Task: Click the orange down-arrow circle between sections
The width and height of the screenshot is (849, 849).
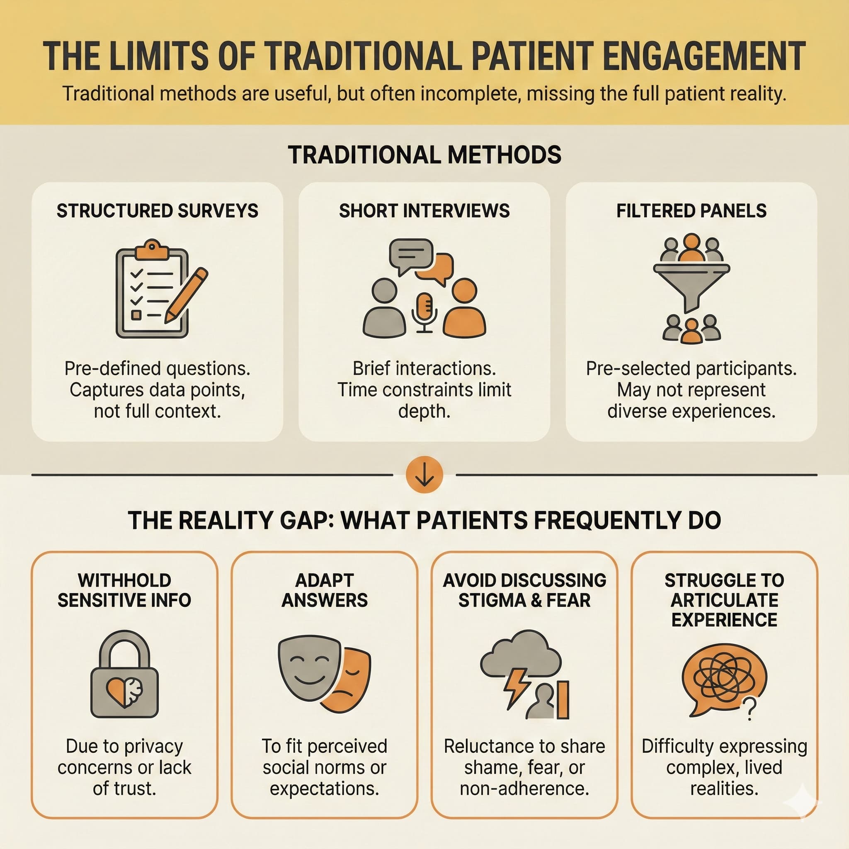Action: (x=424, y=475)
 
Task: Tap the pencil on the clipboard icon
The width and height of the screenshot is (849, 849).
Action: (x=186, y=295)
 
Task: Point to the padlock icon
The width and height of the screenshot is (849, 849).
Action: (x=124, y=674)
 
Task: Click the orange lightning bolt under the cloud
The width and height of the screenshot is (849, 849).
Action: (x=517, y=688)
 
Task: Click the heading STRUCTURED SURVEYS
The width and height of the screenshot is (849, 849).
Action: (x=157, y=211)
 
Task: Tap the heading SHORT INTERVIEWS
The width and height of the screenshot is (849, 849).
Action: (x=424, y=211)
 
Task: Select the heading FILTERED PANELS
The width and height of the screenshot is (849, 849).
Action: (x=691, y=211)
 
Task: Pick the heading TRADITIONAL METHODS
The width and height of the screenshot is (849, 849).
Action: (x=424, y=155)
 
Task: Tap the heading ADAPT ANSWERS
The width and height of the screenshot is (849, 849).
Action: (x=324, y=590)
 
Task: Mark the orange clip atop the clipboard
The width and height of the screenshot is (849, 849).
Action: (x=152, y=249)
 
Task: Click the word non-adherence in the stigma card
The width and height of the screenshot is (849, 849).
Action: (x=524, y=788)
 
